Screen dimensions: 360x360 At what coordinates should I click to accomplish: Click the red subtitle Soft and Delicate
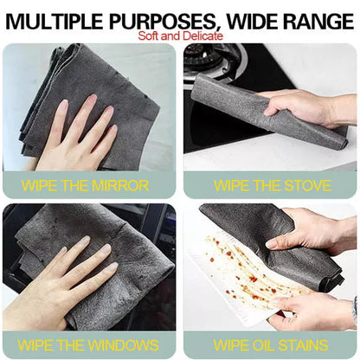[x=180, y=36]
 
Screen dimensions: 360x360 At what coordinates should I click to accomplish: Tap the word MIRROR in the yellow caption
[x=120, y=185]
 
